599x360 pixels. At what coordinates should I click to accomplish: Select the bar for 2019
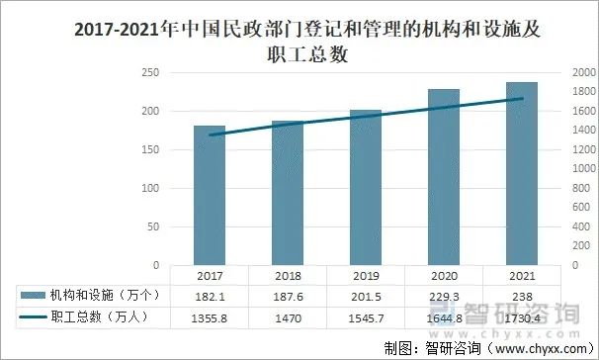[366, 188]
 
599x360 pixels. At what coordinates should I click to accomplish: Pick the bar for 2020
[444, 177]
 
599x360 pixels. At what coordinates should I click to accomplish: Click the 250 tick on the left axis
[151, 73]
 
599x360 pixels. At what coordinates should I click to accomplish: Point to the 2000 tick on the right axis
[584, 73]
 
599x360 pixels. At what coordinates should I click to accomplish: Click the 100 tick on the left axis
[151, 189]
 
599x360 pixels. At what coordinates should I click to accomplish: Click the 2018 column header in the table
[288, 276]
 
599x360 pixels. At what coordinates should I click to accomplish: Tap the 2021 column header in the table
[522, 276]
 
